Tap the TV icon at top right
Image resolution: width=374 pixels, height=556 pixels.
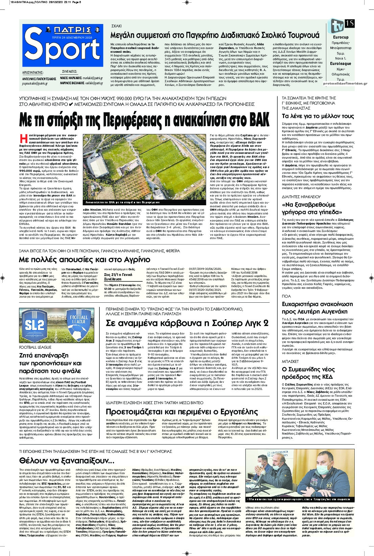[336, 26]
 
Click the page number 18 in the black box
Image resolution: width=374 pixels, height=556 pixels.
[350, 23]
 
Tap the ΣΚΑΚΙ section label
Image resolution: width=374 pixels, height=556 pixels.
[117, 26]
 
